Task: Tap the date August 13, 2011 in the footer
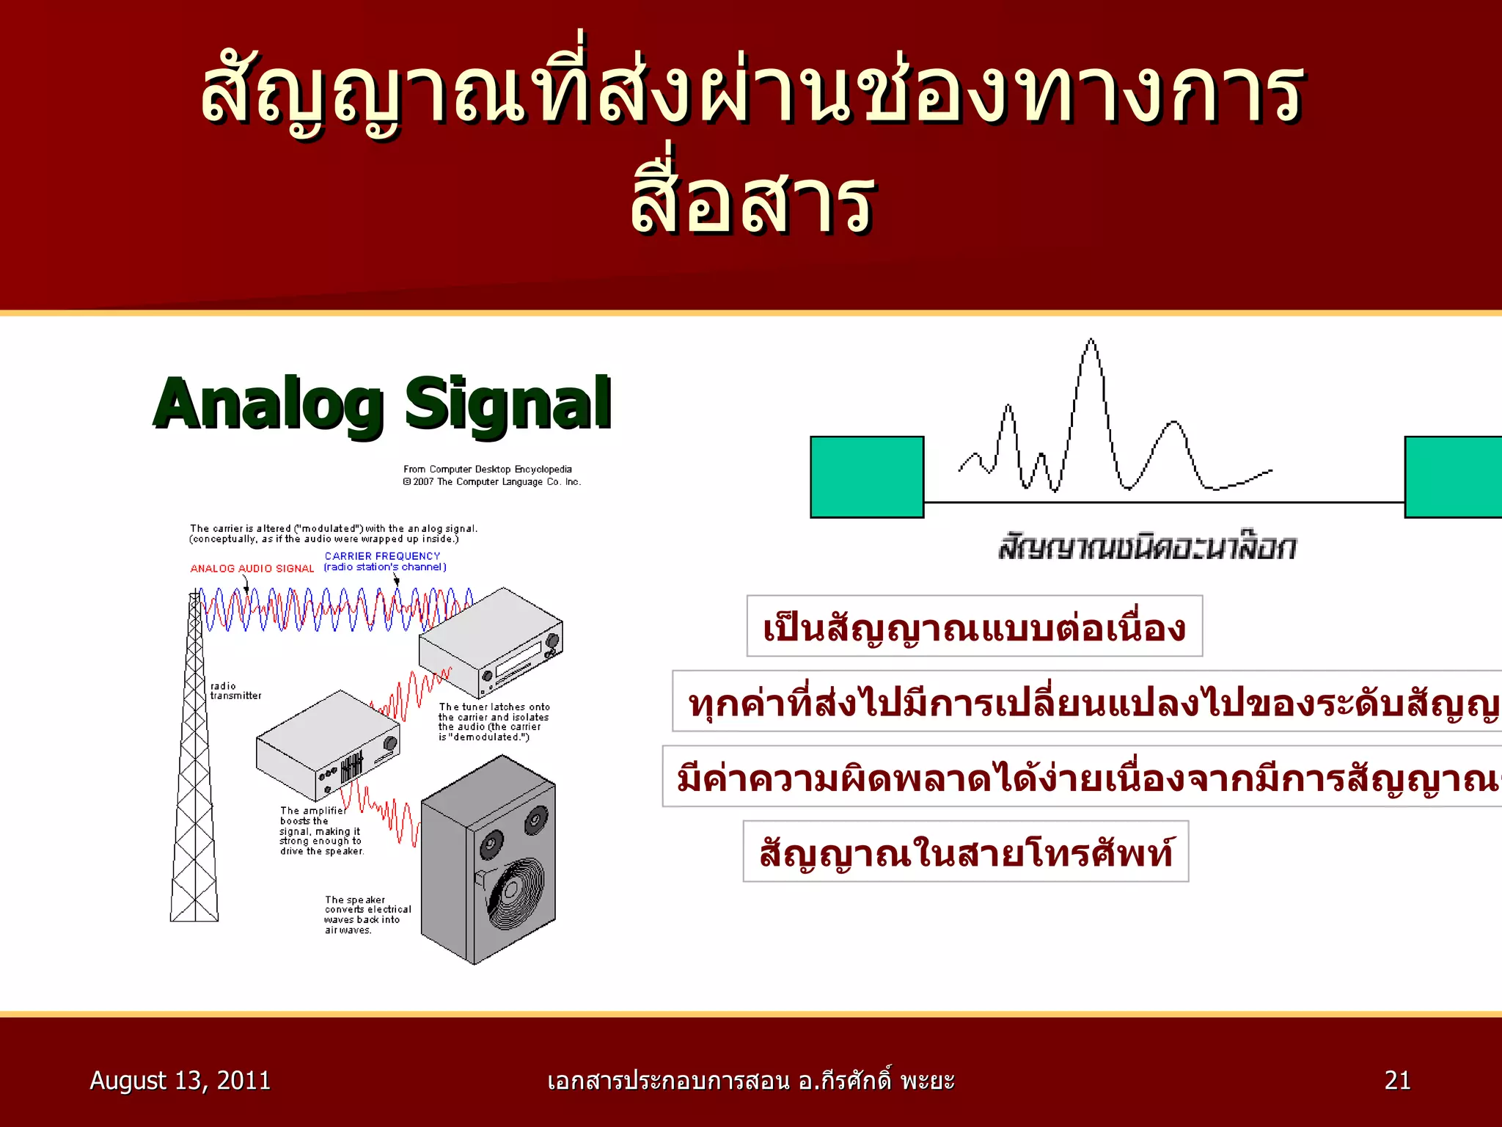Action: [x=180, y=1080]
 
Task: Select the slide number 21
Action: [x=1396, y=1080]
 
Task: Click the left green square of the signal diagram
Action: [x=866, y=477]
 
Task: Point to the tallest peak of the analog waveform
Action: [x=1091, y=342]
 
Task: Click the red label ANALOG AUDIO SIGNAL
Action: [x=252, y=569]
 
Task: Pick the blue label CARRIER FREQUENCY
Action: [x=382, y=556]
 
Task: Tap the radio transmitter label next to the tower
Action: [x=235, y=691]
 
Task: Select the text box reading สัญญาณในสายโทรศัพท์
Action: [x=965, y=852]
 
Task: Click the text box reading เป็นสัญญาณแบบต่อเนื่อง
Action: [x=974, y=627]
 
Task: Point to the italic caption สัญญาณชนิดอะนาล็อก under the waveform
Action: [x=1146, y=547]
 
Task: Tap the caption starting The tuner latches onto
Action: [x=493, y=722]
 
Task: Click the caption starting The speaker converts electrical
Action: [x=367, y=914]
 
